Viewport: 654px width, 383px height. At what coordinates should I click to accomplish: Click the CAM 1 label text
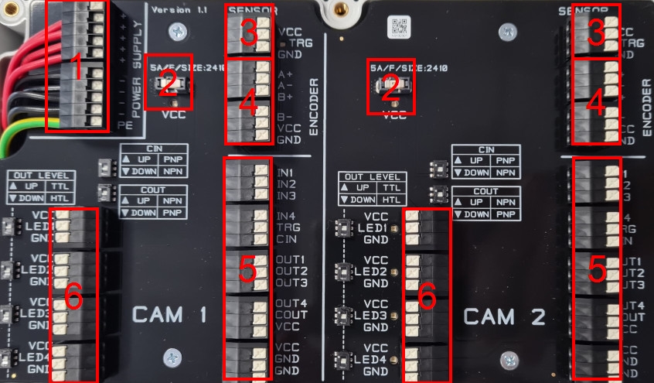169,315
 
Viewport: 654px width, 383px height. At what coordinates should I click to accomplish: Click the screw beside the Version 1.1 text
179,31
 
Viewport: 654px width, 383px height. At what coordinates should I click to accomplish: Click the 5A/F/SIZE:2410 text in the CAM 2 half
409,68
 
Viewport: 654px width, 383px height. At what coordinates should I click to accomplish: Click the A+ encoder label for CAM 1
285,75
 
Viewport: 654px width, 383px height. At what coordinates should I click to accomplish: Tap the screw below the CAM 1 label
171,357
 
